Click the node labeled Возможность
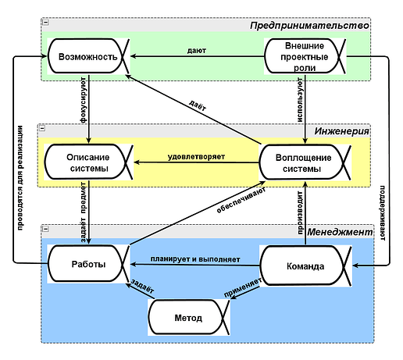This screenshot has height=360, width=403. click(x=88, y=56)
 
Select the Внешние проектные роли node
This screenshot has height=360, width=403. click(x=305, y=56)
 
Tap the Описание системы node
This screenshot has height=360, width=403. click(x=88, y=162)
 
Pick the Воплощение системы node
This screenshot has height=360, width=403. click(x=305, y=162)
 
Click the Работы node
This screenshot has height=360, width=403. click(x=88, y=264)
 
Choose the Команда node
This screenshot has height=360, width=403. click(x=305, y=266)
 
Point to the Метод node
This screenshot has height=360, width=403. click(x=189, y=317)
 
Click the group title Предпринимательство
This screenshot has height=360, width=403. click(x=309, y=26)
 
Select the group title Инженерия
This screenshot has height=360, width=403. click(x=341, y=131)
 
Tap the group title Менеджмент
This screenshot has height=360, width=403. click(x=340, y=232)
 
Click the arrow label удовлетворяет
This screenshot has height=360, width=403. click(x=196, y=157)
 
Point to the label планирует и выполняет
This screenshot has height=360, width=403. click(x=195, y=259)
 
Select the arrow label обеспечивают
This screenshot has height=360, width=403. click(x=241, y=200)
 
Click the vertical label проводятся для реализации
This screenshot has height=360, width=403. click(x=20, y=178)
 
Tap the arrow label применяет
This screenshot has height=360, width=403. click(x=243, y=287)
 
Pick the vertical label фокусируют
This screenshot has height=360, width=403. click(x=83, y=100)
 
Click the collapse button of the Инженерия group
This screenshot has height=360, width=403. click(x=42, y=128)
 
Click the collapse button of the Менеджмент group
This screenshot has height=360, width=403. click(x=45, y=229)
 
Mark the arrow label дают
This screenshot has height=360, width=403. click(x=197, y=51)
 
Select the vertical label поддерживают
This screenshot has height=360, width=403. click(x=382, y=213)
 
